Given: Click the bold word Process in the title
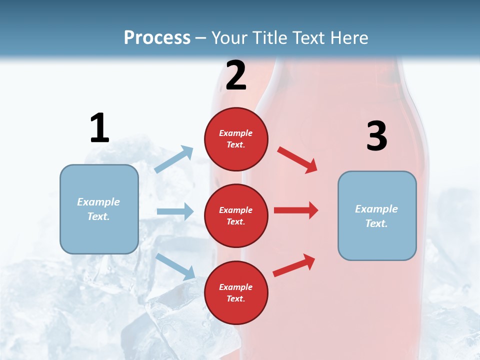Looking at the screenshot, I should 157,37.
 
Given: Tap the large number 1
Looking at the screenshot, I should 99,128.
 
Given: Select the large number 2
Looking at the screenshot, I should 236,75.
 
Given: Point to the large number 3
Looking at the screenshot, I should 376,136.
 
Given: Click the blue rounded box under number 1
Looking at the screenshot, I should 99,209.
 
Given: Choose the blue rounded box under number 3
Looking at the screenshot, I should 377,215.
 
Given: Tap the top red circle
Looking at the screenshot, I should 236,139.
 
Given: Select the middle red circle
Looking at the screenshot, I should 236,215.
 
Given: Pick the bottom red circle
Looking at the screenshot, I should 236,292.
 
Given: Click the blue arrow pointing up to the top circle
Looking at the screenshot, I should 174,159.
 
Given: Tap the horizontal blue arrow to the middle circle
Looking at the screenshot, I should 175,211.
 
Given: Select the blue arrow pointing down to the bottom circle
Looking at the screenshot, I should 175,266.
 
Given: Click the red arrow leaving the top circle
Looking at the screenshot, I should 297,160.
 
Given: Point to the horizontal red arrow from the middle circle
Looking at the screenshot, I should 295,210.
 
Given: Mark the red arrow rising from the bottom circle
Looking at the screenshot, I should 294,265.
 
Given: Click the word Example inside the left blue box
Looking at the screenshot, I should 98,201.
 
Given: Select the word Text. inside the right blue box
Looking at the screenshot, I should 376,223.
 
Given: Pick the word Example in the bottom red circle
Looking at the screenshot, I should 235,287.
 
